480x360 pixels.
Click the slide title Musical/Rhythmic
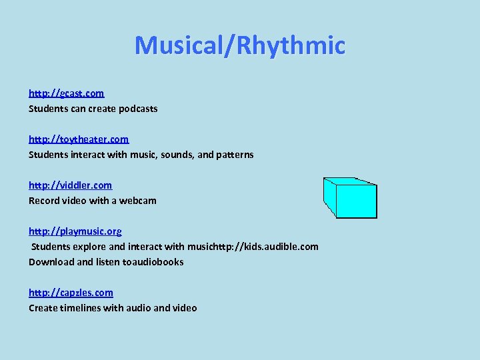tap(240, 45)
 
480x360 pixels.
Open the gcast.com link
tap(66, 93)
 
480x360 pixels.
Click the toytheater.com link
tap(78, 139)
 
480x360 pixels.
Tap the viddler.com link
tap(70, 185)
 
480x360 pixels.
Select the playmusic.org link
tap(75, 231)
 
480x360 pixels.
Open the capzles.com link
tap(71, 293)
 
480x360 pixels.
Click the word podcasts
tap(137, 109)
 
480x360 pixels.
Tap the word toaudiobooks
tap(153, 262)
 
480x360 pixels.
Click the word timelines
tap(82, 308)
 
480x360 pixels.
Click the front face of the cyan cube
tap(356, 201)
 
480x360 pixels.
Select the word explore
tap(91, 247)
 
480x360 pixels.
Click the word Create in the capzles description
tap(43, 308)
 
